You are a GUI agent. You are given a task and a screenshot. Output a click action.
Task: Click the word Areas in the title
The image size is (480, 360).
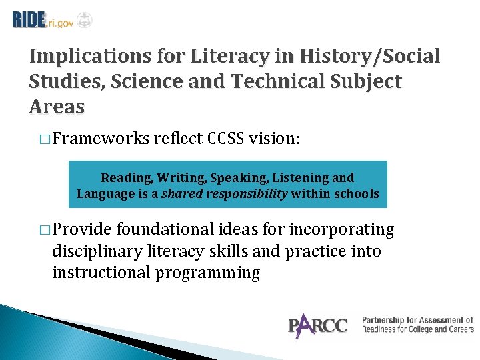tap(57, 107)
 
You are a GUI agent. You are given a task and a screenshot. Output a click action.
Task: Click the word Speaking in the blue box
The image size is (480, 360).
tap(235, 178)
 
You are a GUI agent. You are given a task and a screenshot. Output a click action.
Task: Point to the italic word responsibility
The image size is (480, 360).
tap(246, 194)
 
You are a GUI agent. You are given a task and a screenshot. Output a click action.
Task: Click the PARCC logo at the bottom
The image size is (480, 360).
tap(317, 325)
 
